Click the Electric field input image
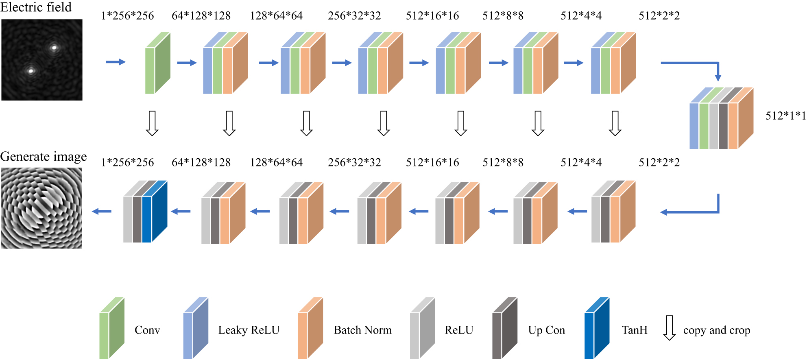[42, 60]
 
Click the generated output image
[41, 208]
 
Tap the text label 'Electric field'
[36, 7]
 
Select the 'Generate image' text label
[43, 157]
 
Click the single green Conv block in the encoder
[157, 63]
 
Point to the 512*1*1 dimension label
[785, 116]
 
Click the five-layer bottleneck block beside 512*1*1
[721, 118]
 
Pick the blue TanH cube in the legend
[596, 328]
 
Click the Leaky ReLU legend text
[249, 330]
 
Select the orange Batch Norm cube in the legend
[310, 328]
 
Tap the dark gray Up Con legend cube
[504, 328]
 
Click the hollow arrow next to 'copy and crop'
[669, 327]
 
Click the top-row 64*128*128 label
[201, 16]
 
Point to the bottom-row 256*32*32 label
[354, 162]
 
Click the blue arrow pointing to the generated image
[102, 211]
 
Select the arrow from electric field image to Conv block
[116, 62]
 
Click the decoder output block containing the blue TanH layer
[145, 212]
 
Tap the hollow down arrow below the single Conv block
[152, 123]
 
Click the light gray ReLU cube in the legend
[422, 328]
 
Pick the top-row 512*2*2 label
[659, 16]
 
